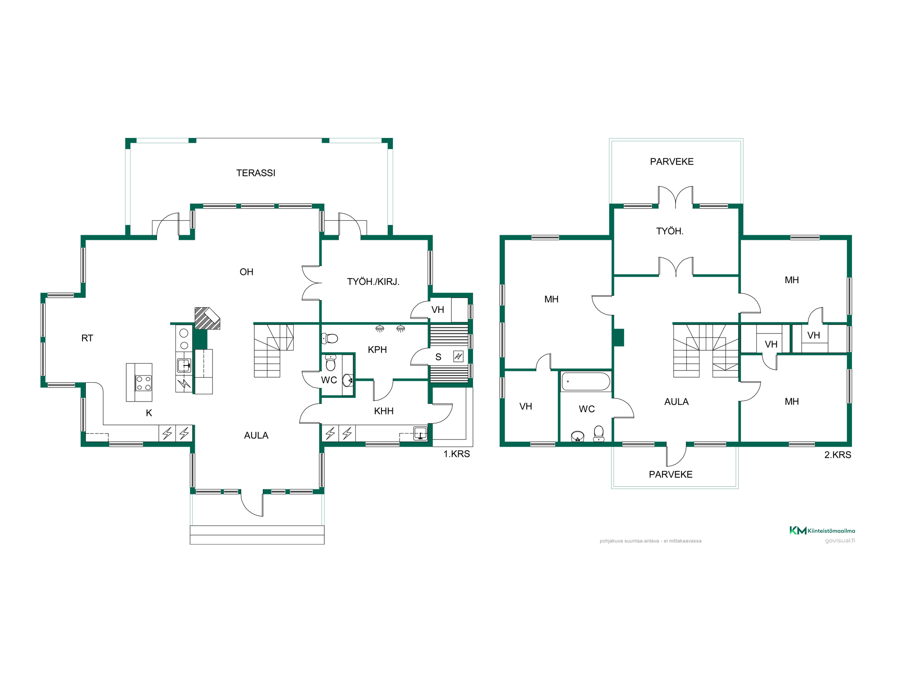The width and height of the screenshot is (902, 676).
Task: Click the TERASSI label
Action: click(256, 173)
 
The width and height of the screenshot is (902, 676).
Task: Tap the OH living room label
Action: click(246, 272)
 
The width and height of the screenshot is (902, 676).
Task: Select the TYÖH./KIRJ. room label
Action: click(373, 282)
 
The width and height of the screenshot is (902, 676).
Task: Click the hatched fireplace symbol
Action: click(207, 318)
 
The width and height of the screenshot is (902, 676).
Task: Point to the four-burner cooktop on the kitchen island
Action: click(144, 383)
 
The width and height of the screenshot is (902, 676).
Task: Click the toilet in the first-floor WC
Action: click(331, 362)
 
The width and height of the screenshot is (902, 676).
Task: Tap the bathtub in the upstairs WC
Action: click(586, 381)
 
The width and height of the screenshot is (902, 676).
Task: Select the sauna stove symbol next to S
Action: click(458, 356)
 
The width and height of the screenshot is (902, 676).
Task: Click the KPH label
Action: click(377, 350)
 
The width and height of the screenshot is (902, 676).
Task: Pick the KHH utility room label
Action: click(384, 411)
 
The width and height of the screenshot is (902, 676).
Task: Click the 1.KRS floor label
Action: click(456, 454)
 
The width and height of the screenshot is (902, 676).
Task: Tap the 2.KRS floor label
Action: click(838, 455)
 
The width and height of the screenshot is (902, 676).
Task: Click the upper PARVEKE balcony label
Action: click(672, 161)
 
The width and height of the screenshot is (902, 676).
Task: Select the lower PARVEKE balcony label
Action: click(671, 474)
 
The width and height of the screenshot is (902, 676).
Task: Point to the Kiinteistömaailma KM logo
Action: click(822, 530)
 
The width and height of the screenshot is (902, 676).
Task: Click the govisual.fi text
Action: click(840, 540)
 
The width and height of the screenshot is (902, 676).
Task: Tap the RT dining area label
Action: click(87, 338)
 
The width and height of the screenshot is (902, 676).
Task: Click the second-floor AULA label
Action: click(676, 402)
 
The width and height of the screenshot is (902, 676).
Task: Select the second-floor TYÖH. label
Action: click(670, 231)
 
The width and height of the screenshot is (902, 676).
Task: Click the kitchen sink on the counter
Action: click(184, 365)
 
